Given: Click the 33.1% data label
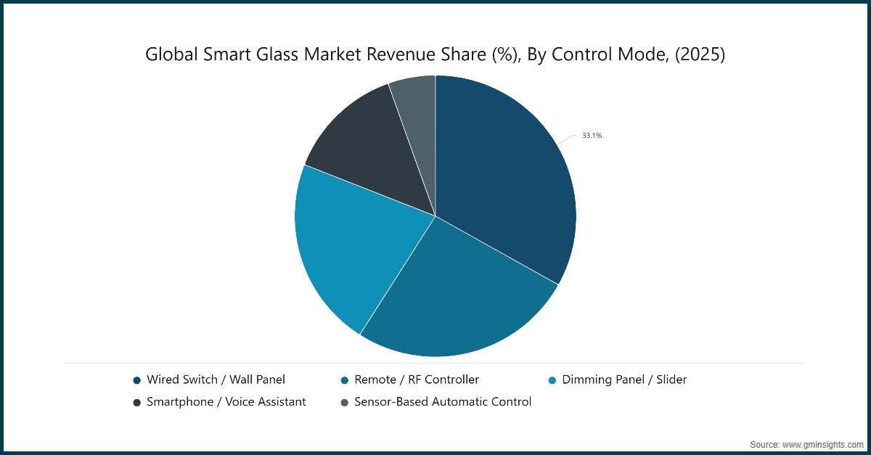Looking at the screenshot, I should pos(592,135).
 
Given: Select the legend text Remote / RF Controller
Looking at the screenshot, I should pos(417,380).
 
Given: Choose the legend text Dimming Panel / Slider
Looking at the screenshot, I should pos(624,380).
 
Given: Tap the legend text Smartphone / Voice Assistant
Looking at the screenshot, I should pos(226,401).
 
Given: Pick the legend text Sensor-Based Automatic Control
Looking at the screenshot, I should pos(443,401).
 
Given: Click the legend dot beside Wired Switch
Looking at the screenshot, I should pos(136,380).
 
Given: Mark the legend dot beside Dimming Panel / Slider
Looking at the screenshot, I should pos(552,380).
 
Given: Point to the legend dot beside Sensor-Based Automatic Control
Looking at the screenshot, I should pos(344,402).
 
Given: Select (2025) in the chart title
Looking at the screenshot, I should pos(698,54).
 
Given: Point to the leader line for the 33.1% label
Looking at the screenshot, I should pos(567,139).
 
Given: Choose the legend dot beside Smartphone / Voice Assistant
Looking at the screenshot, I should pos(136,402).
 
